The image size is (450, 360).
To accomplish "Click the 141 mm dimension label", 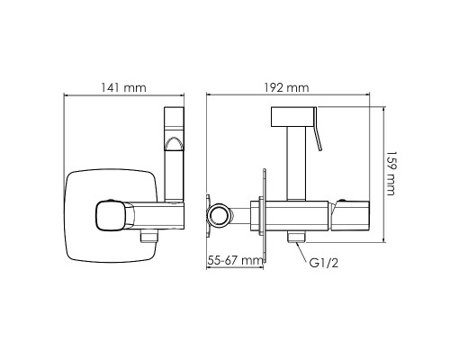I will click(123, 88).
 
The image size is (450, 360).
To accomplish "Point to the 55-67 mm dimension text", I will click(235, 260).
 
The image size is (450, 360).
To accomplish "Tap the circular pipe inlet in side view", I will click(220, 215).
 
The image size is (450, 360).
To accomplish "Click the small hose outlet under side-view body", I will click(296, 237).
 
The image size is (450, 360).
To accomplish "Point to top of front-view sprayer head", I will click(175, 112).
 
